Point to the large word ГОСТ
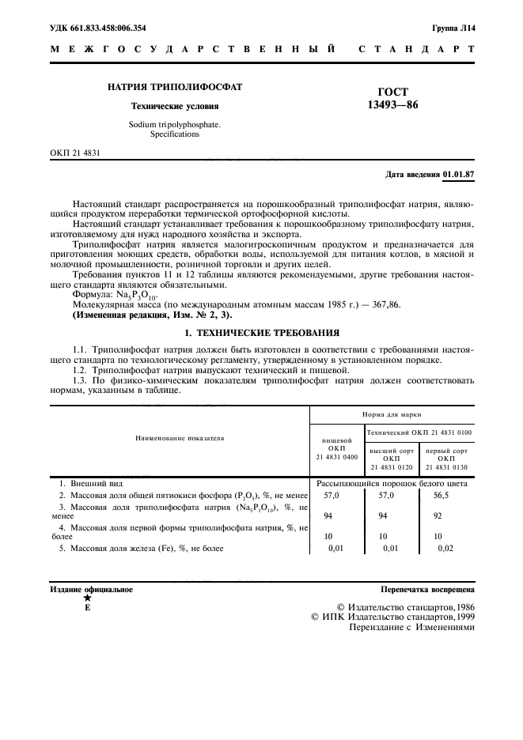pyautogui.click(x=392, y=92)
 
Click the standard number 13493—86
pyautogui.click(x=392, y=106)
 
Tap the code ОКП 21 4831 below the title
pyautogui.click(x=76, y=151)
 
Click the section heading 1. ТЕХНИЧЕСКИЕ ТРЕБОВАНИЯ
pyautogui.click(x=261, y=334)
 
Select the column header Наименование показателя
pyautogui.click(x=180, y=436)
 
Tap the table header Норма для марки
pyautogui.click(x=392, y=413)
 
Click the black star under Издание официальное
pyautogui.click(x=87, y=598)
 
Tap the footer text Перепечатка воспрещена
pyautogui.click(x=427, y=590)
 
